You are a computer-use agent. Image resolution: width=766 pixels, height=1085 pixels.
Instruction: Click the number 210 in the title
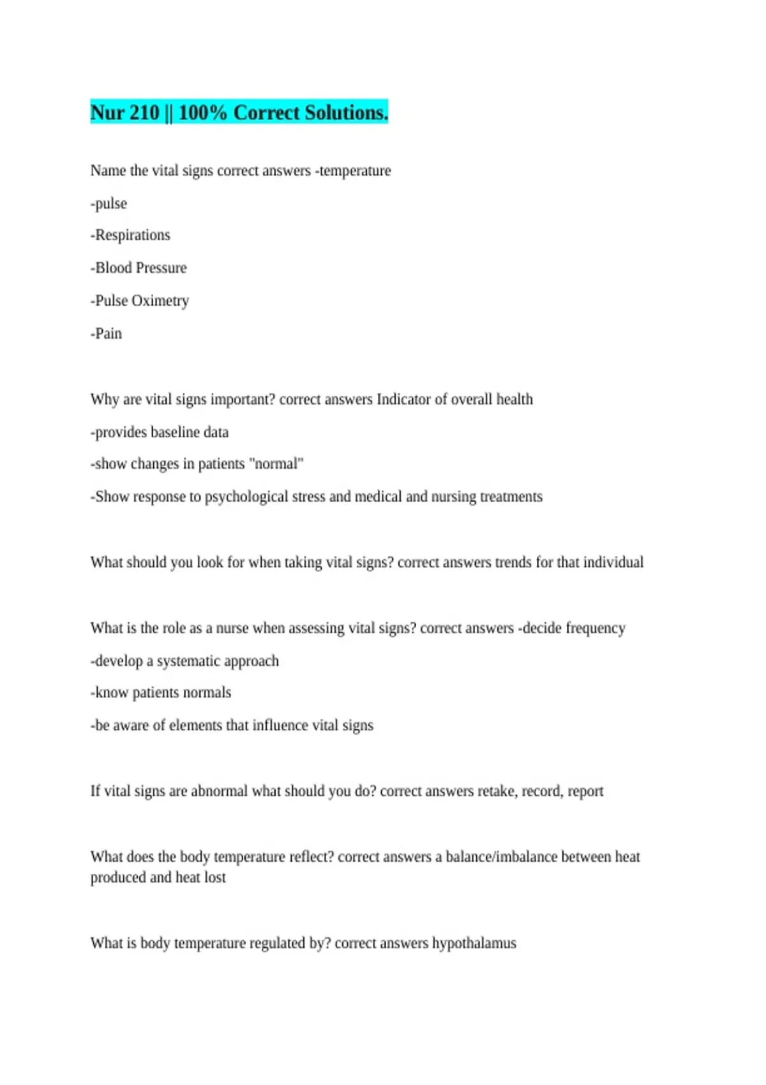[x=144, y=113]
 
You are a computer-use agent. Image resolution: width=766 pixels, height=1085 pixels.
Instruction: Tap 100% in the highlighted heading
[x=202, y=113]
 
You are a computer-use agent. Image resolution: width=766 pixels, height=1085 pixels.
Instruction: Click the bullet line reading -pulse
[x=109, y=204]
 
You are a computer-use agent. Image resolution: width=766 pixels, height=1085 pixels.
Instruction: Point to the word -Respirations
[x=130, y=236]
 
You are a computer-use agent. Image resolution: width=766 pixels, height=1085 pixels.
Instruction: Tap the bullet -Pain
[x=106, y=333]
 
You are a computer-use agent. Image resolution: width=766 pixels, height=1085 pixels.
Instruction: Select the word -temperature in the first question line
[x=353, y=171]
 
